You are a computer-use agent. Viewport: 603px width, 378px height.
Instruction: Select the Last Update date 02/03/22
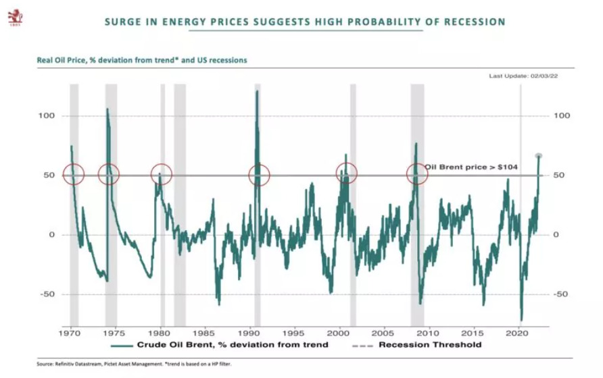pos(542,76)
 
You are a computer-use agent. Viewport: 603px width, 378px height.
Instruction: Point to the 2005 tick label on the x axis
pos(383,333)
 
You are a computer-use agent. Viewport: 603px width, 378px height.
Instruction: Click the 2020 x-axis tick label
pos(517,333)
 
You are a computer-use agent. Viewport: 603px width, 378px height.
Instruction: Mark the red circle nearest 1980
pos(161,174)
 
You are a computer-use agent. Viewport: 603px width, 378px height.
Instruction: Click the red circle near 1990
pos(259,175)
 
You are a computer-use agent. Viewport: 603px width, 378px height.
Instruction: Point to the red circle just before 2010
pos(417,174)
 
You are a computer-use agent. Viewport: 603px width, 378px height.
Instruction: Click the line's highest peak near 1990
pos(257,91)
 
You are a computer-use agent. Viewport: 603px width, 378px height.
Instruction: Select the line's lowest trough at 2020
pos(521,320)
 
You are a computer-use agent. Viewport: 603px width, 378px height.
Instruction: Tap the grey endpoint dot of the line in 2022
pos(539,156)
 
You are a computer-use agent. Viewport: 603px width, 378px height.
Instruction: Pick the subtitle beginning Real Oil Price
pos(141,60)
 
